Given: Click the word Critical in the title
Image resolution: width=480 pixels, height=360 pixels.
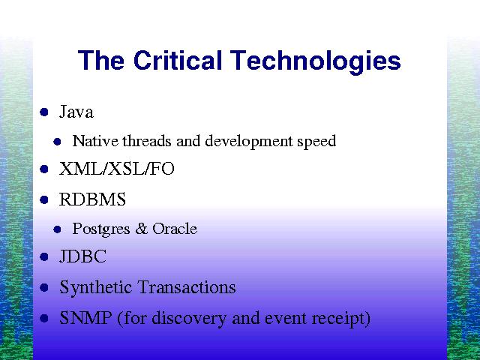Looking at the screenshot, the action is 178,60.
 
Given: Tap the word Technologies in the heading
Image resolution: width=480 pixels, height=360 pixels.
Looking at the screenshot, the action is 315,62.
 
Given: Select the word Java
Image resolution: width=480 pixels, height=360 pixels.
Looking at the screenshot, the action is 76,112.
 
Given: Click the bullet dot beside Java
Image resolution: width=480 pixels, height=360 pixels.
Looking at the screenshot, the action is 44,112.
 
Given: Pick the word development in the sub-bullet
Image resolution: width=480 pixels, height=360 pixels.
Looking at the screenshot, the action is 249,142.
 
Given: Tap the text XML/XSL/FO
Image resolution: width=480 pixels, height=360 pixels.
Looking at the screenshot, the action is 117,169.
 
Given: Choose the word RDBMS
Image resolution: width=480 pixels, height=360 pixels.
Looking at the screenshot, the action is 92,199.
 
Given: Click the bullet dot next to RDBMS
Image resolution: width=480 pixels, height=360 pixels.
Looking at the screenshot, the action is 44,200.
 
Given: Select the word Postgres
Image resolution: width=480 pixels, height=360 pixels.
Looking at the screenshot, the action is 101,229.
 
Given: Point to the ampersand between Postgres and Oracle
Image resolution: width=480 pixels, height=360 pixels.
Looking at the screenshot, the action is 141,229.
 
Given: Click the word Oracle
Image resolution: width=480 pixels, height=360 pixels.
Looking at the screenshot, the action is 175,228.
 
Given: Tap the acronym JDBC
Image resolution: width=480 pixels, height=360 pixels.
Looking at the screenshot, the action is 83,256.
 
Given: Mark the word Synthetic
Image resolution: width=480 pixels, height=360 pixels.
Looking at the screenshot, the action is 96,288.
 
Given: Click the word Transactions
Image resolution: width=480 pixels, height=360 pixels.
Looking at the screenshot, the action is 187,287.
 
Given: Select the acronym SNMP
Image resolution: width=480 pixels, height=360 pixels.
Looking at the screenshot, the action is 85,318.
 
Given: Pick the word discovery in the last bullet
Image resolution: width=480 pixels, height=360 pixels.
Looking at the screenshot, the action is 189,319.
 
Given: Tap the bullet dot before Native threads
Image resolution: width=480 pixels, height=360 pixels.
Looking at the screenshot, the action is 57,142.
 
